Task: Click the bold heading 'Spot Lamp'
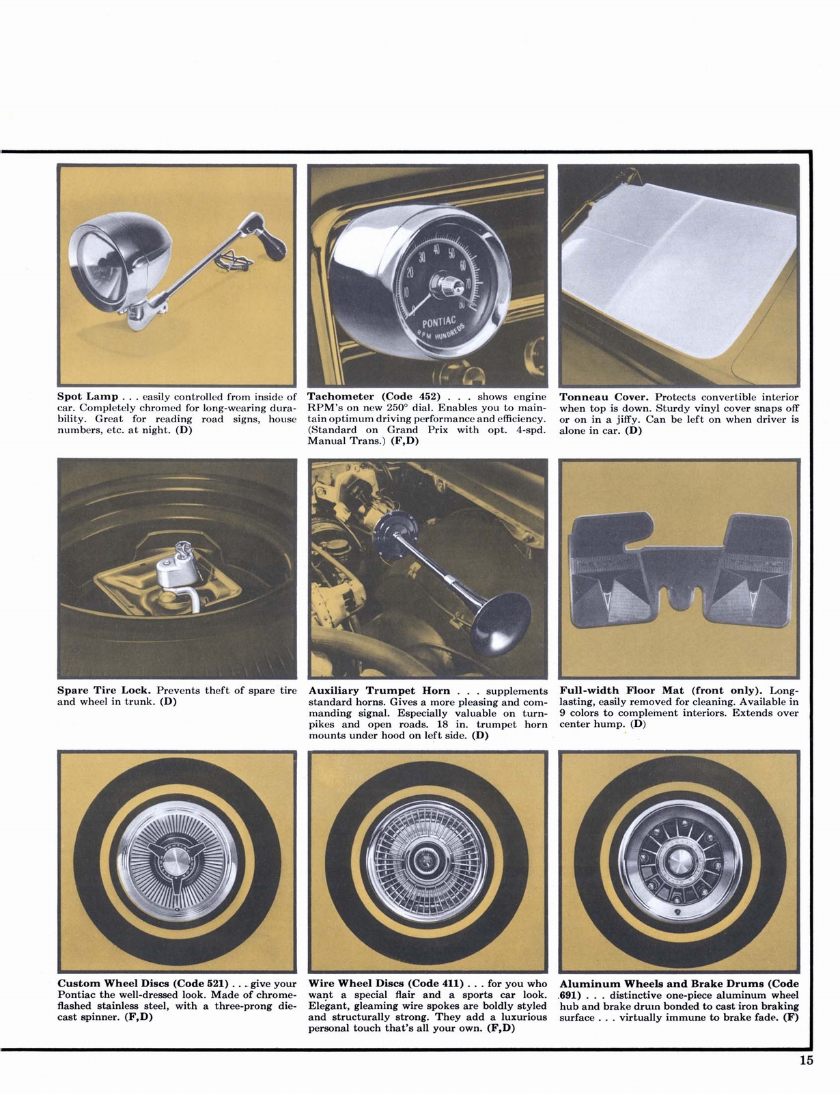[x=87, y=397]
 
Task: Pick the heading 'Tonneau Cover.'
[x=603, y=397]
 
